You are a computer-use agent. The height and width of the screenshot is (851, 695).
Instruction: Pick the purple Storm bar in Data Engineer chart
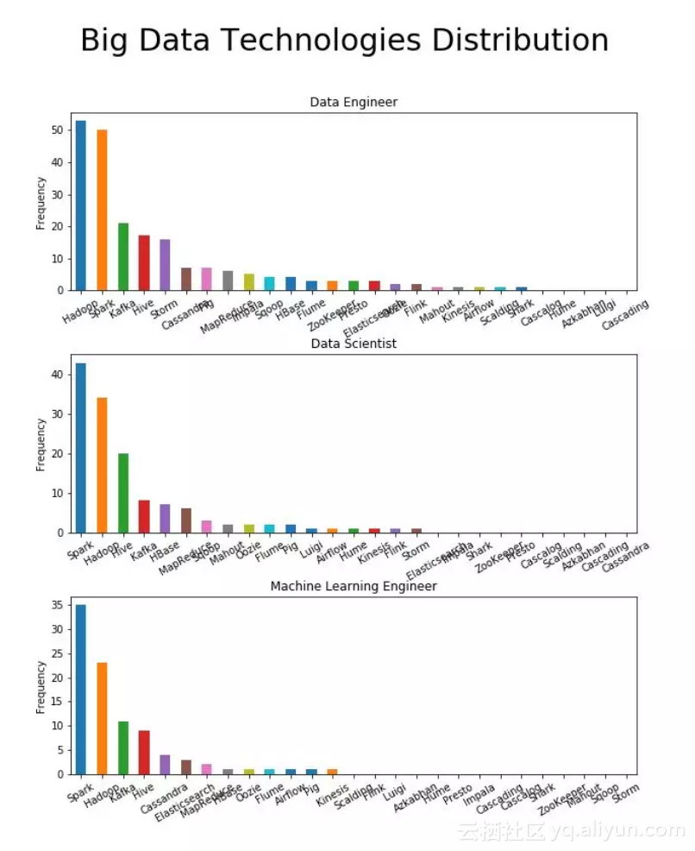[165, 264]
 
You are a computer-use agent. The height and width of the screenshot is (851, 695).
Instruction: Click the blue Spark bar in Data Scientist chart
[80, 448]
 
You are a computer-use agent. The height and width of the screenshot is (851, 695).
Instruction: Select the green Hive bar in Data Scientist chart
[123, 493]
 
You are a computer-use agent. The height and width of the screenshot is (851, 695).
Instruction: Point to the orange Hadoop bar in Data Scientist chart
[102, 465]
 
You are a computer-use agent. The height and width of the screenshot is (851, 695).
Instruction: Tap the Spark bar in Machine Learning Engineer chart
[80, 690]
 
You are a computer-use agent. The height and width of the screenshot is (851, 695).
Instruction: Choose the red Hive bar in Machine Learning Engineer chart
[144, 753]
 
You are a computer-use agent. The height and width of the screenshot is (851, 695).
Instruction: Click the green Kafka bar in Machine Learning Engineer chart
[123, 747]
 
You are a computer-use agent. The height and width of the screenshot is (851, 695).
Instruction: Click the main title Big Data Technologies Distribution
[344, 41]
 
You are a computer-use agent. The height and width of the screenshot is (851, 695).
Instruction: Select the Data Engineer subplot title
[354, 102]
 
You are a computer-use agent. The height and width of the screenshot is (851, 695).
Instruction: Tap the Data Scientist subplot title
[354, 344]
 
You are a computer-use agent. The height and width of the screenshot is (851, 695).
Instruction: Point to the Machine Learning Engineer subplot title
[354, 586]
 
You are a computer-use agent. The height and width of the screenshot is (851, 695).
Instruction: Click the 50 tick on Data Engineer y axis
[57, 130]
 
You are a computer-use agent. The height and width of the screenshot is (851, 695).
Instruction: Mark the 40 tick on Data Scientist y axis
[57, 375]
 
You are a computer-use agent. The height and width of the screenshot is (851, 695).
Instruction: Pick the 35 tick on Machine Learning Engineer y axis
[57, 607]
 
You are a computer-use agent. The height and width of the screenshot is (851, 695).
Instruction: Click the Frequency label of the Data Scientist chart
[41, 444]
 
